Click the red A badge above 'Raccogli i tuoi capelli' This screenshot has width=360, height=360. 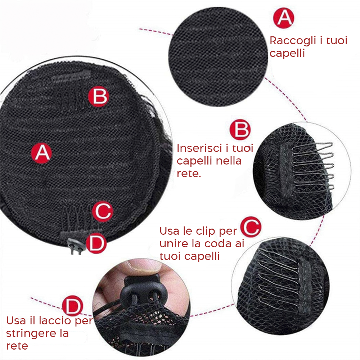click(x=283, y=18)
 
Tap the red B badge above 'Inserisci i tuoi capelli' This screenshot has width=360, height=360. click(x=240, y=130)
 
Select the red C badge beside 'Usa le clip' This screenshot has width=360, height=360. click(x=251, y=227)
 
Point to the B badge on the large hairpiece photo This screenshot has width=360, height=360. click(x=98, y=96)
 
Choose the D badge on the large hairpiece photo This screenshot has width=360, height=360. click(x=96, y=243)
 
